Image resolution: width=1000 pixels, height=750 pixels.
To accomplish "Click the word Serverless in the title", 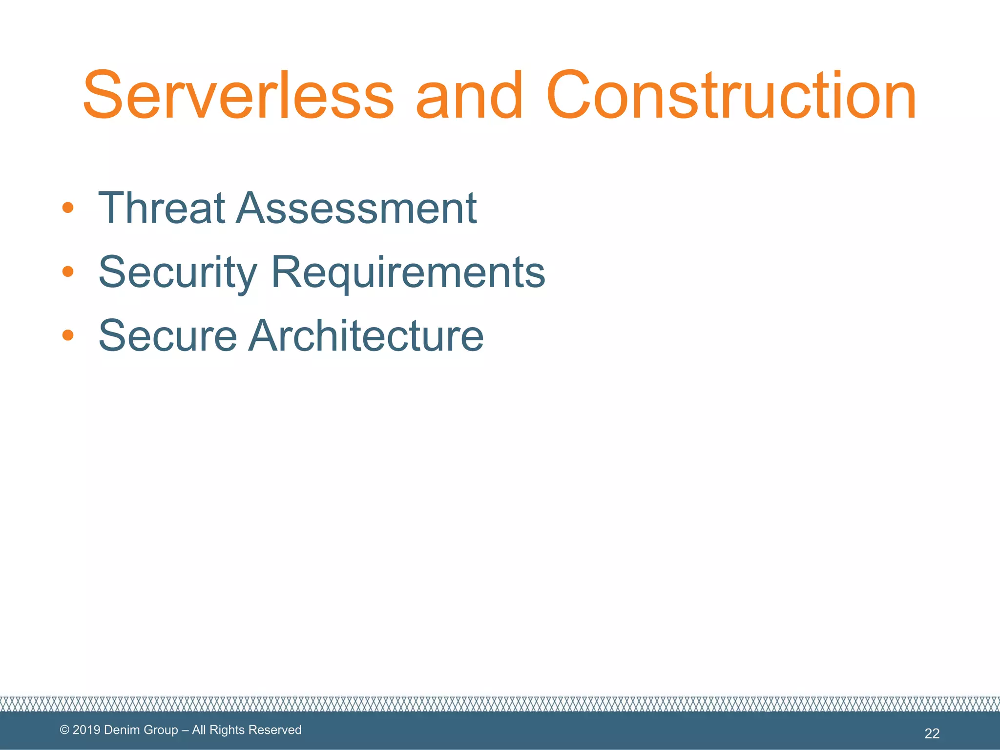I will point(238,95).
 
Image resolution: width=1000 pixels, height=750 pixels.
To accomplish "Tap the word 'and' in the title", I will point(469,95).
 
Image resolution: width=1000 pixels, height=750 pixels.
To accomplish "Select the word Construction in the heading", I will point(731,95).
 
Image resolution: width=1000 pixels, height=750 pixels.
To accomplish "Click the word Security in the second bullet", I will point(178,272).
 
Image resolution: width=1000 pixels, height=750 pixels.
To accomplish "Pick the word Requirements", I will point(408,272).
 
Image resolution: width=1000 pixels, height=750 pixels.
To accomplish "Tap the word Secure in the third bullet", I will point(167,335).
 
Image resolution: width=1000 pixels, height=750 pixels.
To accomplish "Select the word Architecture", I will point(366,335).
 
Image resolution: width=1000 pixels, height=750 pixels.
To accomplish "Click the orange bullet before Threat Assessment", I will point(68,208).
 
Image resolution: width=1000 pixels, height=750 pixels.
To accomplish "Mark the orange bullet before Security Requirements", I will point(68,271).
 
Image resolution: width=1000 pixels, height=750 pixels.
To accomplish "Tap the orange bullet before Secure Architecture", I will point(68,335).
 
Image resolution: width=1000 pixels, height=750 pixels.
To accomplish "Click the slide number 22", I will point(932,733).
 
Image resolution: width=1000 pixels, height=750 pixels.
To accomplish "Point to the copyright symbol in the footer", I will point(64,730).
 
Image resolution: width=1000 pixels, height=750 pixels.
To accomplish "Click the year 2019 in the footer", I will point(86,730).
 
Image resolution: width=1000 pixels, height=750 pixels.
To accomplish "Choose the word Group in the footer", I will point(161,730).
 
